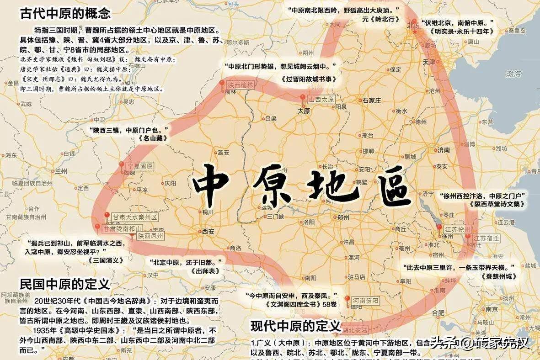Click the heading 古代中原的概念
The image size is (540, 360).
click(x=65, y=13)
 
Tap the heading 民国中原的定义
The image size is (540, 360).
click(x=64, y=284)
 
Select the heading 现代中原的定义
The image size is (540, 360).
click(x=296, y=326)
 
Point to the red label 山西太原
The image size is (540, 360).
click(x=322, y=99)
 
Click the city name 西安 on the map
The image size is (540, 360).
click(x=208, y=231)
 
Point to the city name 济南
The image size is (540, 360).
click(x=444, y=150)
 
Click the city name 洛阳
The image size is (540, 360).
click(x=309, y=222)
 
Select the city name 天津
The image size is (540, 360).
click(x=428, y=62)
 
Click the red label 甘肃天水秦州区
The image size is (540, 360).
click(x=136, y=217)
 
